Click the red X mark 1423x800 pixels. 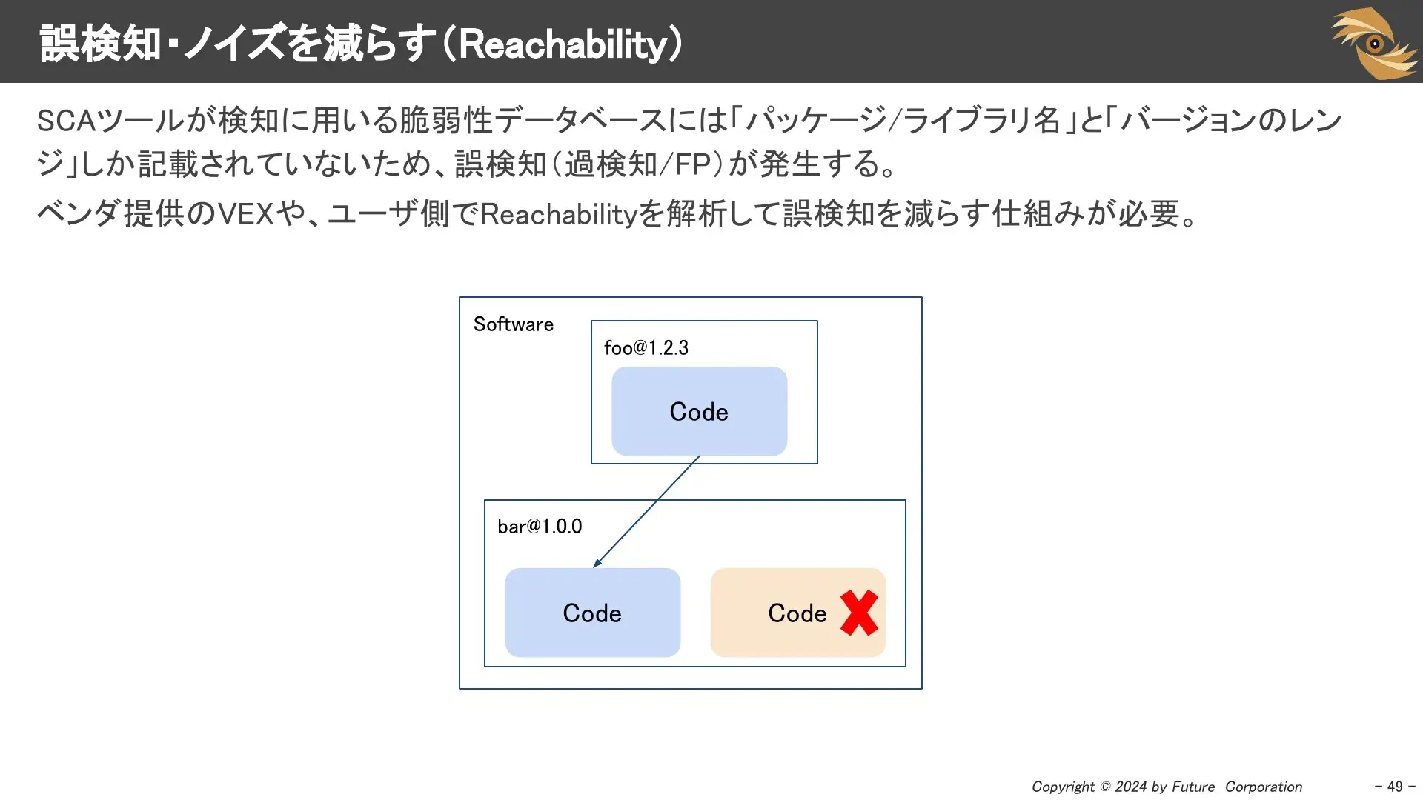[859, 613]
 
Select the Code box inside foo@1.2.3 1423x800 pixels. [699, 411]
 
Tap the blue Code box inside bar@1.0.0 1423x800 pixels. [592, 613]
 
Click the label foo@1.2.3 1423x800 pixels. [646, 347]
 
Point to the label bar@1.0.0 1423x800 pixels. [540, 526]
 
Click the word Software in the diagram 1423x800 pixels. [513, 324]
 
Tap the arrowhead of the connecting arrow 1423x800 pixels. [597, 564]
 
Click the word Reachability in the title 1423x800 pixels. [563, 44]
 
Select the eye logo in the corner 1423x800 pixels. [1374, 43]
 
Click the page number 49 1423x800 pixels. [1395, 786]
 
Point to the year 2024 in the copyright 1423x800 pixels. [1131, 787]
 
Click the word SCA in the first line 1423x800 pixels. [66, 121]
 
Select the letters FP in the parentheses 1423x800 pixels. [692, 164]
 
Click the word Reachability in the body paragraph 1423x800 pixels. [559, 214]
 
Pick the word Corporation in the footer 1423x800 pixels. [1263, 787]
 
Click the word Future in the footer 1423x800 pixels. [1193, 787]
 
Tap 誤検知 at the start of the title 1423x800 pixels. [100, 44]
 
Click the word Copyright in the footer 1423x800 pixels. [1063, 787]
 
